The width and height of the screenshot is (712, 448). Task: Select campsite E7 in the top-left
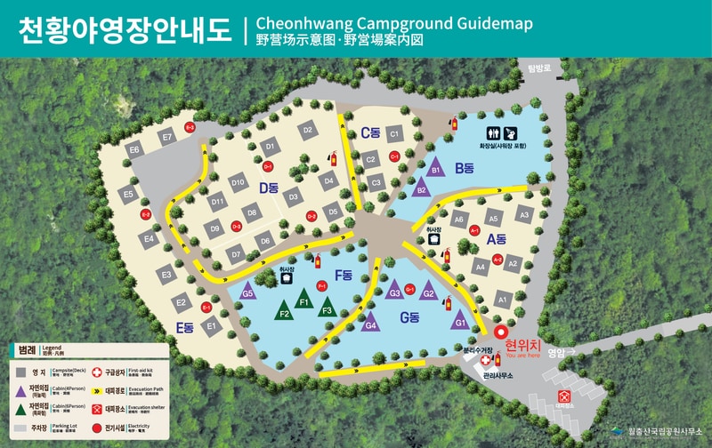166,137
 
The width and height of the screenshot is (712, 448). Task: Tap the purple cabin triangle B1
436,168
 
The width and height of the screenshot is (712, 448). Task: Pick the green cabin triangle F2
285,312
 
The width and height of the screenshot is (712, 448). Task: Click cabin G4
372,324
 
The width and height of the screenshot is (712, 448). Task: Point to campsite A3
524,214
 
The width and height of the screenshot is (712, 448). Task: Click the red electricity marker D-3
237,227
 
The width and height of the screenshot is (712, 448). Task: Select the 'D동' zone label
270,188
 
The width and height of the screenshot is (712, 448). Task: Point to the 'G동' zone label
409,317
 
